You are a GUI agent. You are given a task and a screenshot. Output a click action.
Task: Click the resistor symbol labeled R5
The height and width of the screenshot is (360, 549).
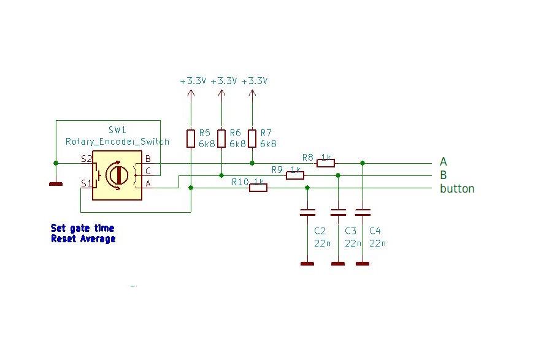(191, 139)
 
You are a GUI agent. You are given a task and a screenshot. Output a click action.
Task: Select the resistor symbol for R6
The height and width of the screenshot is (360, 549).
(221, 139)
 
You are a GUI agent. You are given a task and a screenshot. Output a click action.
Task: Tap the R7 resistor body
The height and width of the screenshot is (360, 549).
(252, 139)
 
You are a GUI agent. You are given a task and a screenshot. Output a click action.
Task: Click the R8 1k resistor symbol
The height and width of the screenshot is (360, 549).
(326, 163)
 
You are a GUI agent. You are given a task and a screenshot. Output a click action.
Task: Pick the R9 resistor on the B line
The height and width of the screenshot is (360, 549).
(295, 175)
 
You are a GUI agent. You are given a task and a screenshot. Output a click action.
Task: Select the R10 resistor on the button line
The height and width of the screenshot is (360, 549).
(258, 188)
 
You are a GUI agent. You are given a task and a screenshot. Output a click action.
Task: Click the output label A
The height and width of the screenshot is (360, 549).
(443, 162)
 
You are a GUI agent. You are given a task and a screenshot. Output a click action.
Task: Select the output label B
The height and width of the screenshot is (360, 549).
(443, 175)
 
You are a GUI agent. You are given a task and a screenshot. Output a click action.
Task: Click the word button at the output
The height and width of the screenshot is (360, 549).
(457, 188)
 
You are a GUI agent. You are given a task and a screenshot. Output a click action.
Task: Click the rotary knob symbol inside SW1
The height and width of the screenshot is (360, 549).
(117, 175)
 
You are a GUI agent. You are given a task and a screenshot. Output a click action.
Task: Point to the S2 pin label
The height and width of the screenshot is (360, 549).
(86, 159)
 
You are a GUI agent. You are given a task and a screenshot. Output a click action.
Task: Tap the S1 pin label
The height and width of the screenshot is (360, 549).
(86, 183)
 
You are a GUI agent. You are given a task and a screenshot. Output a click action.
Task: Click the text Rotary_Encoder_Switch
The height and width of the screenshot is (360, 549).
(117, 142)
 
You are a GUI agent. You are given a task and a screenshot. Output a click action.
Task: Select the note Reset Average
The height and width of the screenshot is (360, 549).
(83, 239)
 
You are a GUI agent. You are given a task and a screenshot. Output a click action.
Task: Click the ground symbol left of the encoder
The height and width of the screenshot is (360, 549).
(56, 183)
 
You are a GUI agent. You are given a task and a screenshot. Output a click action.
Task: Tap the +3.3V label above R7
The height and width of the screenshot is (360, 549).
(255, 81)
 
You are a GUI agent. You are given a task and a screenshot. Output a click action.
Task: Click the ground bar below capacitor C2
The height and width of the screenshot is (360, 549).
(307, 264)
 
